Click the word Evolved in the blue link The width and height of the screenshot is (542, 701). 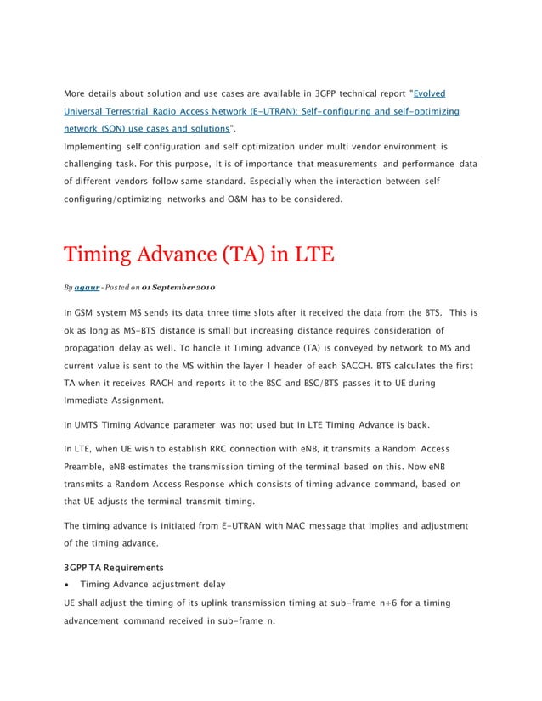429,93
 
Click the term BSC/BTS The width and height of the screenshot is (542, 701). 332,384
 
